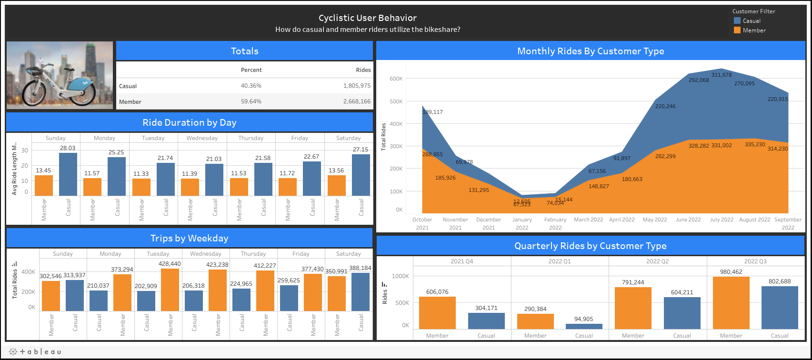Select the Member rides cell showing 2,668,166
pyautogui.click(x=352, y=101)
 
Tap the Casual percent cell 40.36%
pyautogui.click(x=251, y=86)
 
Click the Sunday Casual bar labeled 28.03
pyautogui.click(x=68, y=174)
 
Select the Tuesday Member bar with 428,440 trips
pyautogui.click(x=170, y=290)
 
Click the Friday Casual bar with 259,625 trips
pyautogui.click(x=289, y=298)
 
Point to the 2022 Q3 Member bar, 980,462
pyautogui.click(x=731, y=302)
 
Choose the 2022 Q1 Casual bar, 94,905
pyautogui.click(x=584, y=326)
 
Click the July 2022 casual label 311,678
pyautogui.click(x=722, y=75)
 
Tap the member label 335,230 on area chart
pyautogui.click(x=755, y=144)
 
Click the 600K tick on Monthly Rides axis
pyautogui.click(x=396, y=79)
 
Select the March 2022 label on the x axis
pyautogui.click(x=588, y=220)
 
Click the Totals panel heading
pyautogui.click(x=244, y=51)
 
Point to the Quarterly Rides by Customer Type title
pyautogui.click(x=590, y=246)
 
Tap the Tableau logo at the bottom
pyautogui.click(x=35, y=351)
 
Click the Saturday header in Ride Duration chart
pyautogui.click(x=348, y=138)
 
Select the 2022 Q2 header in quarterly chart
pyautogui.click(x=657, y=261)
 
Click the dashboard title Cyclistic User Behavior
pyautogui.click(x=367, y=18)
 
